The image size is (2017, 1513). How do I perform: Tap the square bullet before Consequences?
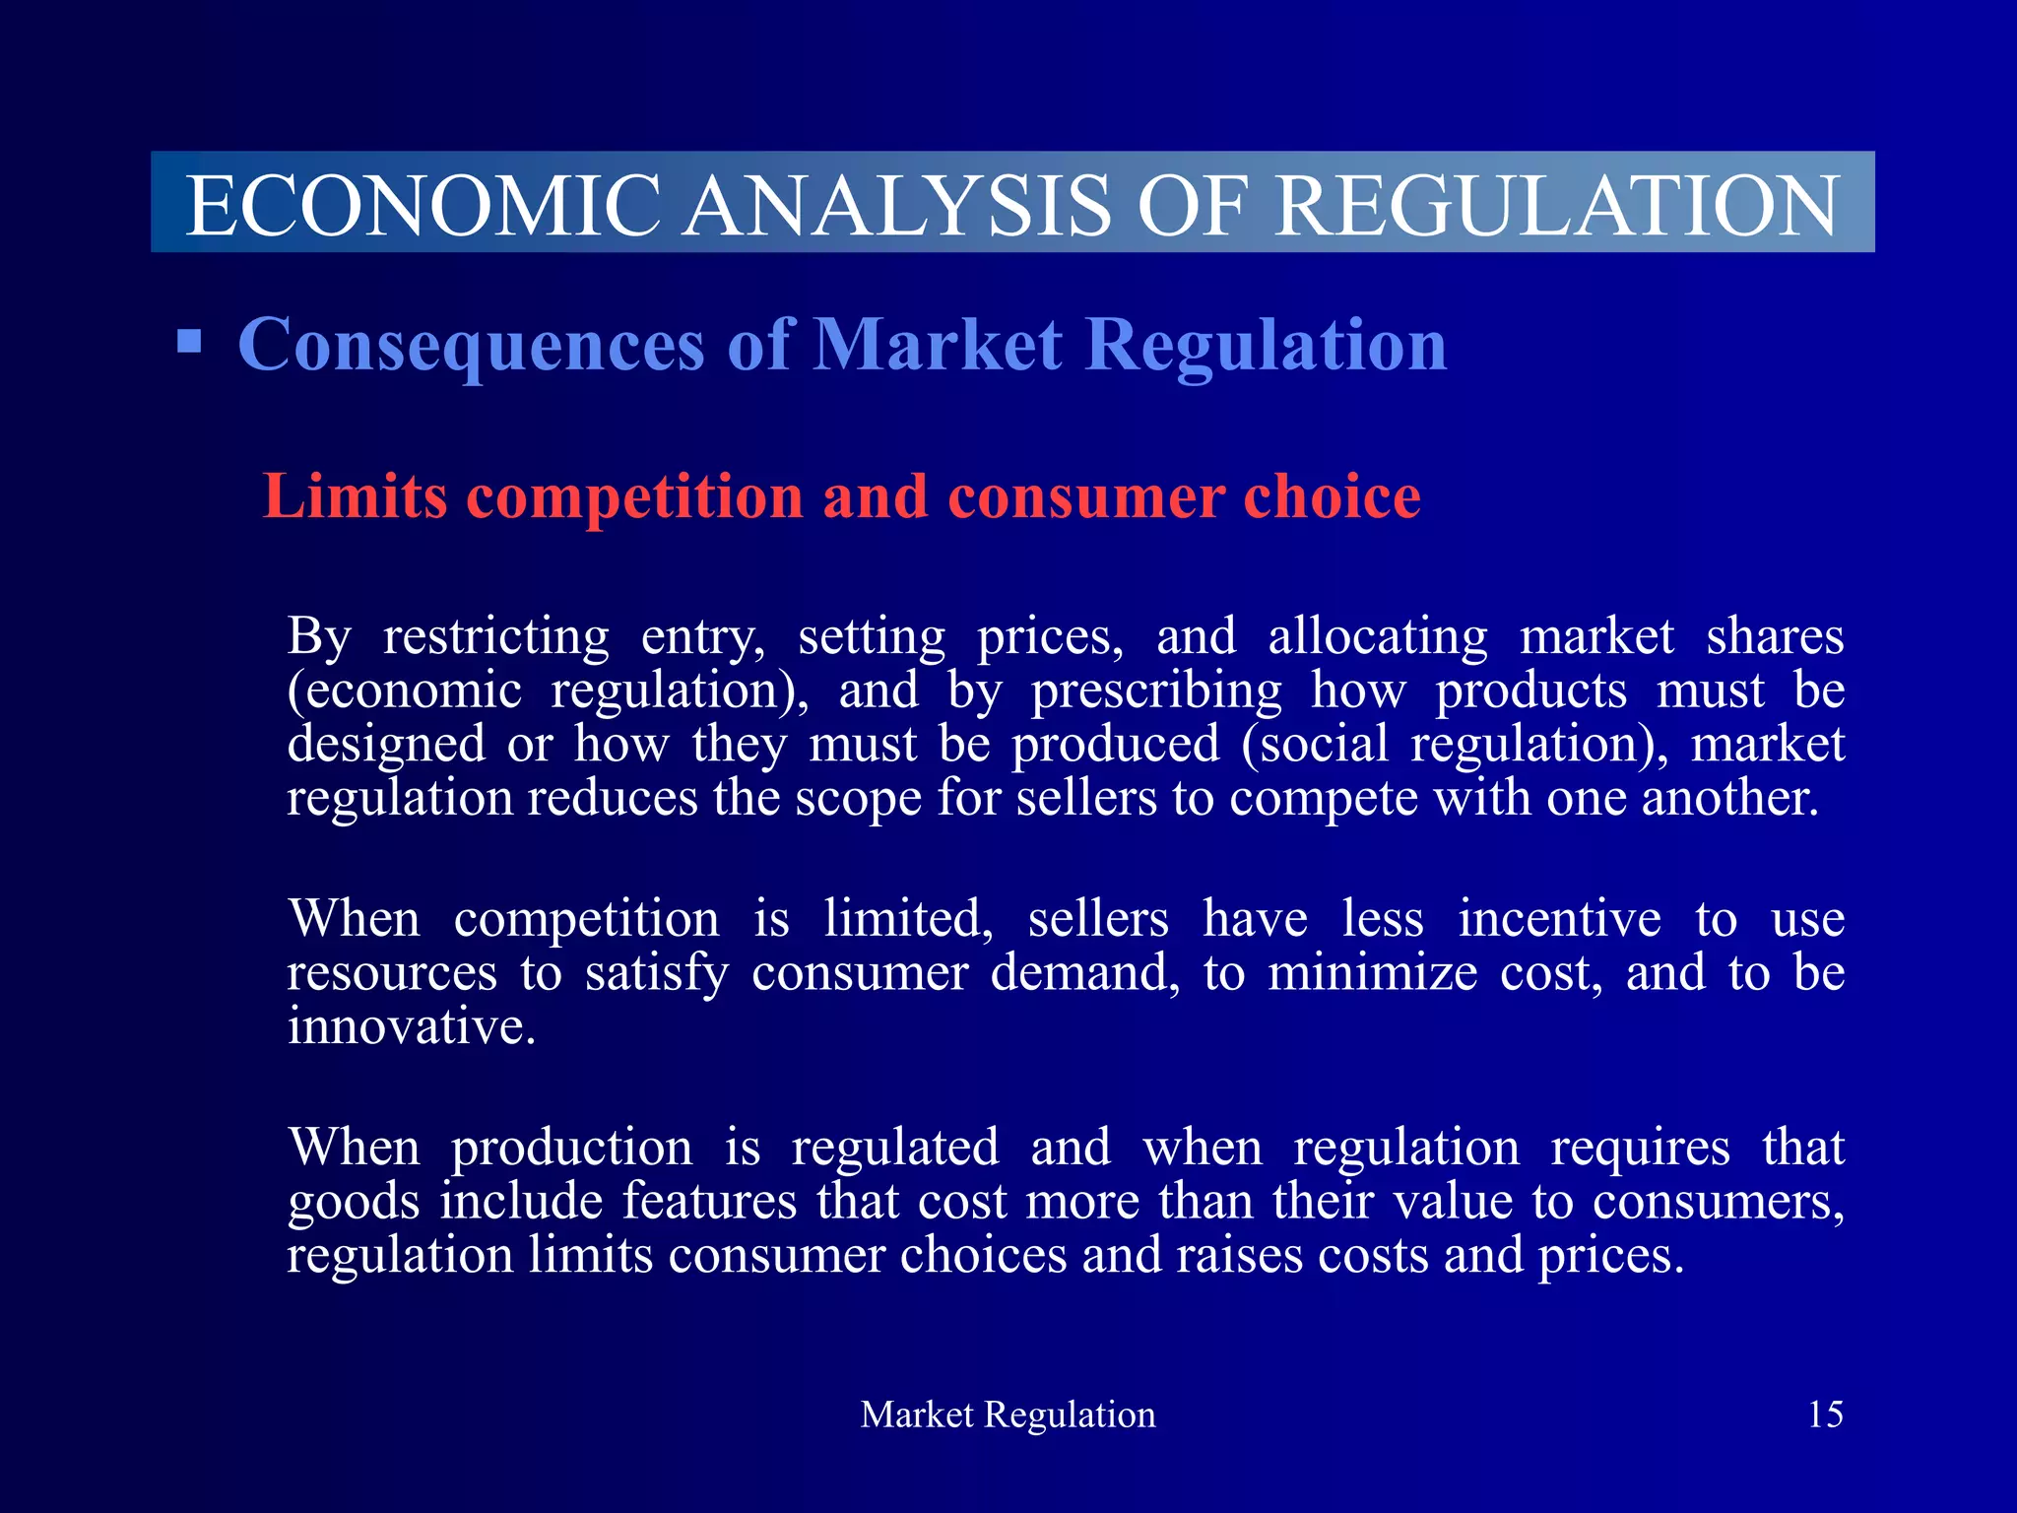pyautogui.click(x=189, y=342)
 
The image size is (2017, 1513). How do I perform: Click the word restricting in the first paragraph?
pyautogui.click(x=496, y=636)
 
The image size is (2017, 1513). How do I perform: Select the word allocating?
pyautogui.click(x=1377, y=636)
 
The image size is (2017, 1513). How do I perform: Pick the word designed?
pyautogui.click(x=386, y=745)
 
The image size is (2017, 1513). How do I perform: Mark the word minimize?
pyautogui.click(x=1372, y=973)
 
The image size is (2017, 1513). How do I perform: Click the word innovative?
pyautogui.click(x=411, y=1026)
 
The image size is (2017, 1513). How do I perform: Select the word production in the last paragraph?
pyautogui.click(x=571, y=1149)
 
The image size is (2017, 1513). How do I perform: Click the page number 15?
pyautogui.click(x=1825, y=1414)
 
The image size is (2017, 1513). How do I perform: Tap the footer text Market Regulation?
pyautogui.click(x=1008, y=1414)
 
